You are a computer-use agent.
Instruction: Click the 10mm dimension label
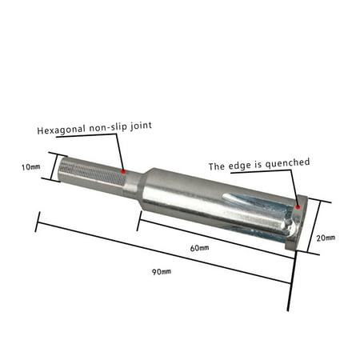pos(31,167)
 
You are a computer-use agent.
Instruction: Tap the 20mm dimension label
pos(326,238)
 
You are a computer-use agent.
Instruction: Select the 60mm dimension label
pos(199,248)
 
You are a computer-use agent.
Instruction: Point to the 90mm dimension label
pos(162,272)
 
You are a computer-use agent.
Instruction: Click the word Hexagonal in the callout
pos(61,130)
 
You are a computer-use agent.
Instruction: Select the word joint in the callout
pos(141,126)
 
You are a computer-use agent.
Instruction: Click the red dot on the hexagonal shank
pos(123,172)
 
